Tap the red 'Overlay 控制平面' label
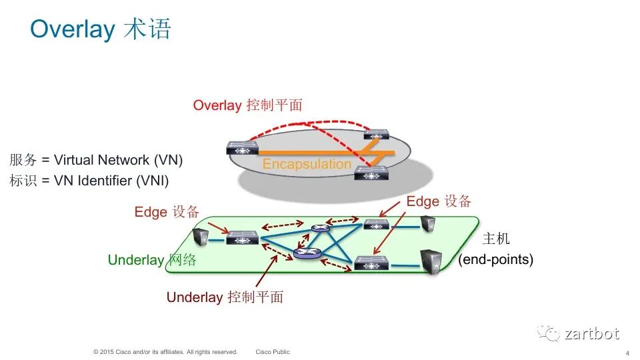click(247, 105)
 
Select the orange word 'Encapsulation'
click(307, 164)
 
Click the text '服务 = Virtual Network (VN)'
click(96, 160)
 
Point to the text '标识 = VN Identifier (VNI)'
click(89, 180)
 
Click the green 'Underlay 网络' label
click(152, 260)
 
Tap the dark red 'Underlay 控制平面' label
click(225, 297)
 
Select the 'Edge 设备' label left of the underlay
click(167, 212)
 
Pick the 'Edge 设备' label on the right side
click(439, 201)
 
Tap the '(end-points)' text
click(496, 260)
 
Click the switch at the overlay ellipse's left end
click(243, 148)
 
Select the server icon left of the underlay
click(199, 237)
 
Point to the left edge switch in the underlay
click(242, 237)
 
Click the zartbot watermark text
click(591, 333)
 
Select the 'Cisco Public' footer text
click(273, 352)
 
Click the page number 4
click(627, 353)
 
